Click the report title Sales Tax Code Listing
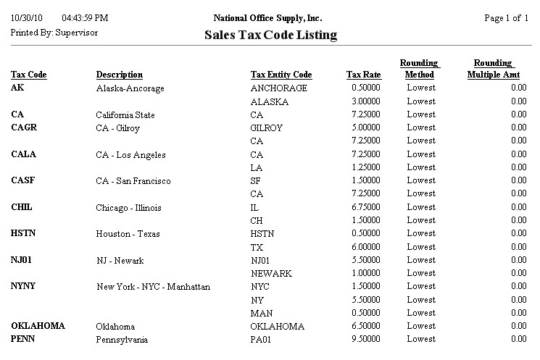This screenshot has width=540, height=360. pos(271,35)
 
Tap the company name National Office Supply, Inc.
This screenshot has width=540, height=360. pos(268,18)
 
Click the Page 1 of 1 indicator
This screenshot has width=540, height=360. pos(505,18)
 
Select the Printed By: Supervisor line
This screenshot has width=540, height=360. pos(54,33)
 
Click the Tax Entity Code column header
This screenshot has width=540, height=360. pos(281,75)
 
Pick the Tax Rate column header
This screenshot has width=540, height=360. pos(363,75)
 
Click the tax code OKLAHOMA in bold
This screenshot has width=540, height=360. pos(38,326)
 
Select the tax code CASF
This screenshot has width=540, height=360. pos(23,180)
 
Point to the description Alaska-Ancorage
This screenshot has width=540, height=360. pos(130,88)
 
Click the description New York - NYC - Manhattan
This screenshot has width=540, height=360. pos(154,287)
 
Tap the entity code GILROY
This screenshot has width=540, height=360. pos(267,128)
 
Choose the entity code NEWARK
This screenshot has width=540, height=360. pos(271,274)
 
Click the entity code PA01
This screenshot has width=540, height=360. pos(262,339)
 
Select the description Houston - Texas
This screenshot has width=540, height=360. pos(128,234)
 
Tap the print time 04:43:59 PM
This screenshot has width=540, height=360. pos(86,18)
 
